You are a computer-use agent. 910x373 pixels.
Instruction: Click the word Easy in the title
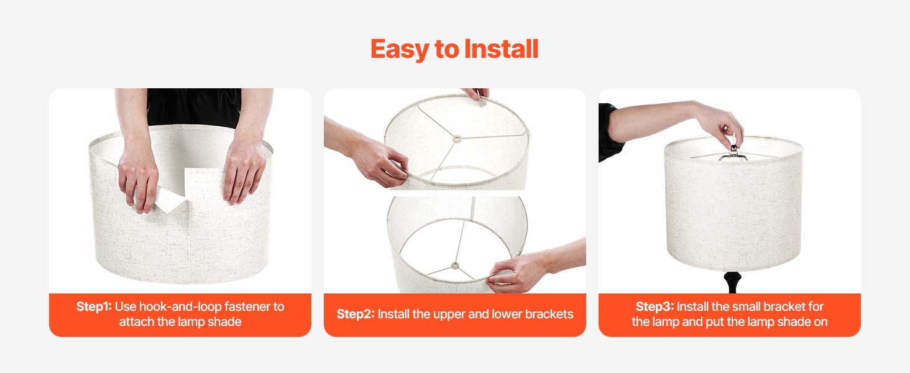point(399,49)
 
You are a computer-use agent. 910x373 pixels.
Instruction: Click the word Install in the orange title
point(502,48)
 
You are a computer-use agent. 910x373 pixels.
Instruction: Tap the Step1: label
point(94,306)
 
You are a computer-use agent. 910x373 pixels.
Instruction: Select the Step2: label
point(356,314)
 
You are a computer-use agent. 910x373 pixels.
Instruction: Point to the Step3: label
point(655,306)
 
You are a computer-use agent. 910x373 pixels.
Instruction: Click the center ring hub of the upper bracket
point(457,139)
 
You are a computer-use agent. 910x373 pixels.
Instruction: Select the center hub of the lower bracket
point(455,266)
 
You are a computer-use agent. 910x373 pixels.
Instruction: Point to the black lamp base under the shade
point(732,282)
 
